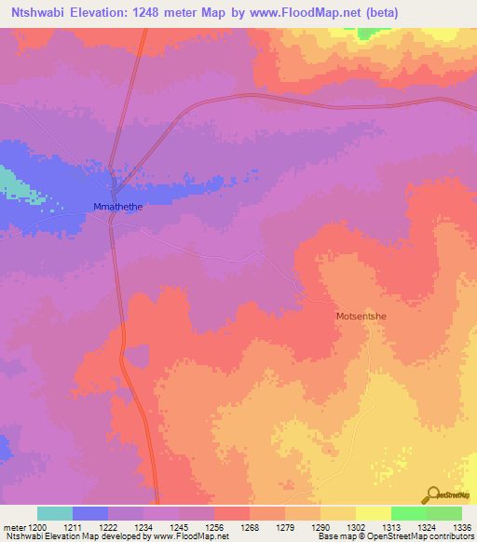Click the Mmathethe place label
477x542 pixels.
tap(116, 208)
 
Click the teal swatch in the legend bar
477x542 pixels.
tap(54, 513)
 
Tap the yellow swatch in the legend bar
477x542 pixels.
tap(373, 513)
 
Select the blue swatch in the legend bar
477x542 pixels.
tap(90, 513)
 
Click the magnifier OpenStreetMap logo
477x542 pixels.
tap(433, 495)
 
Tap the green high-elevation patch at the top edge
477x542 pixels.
tap(371, 33)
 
